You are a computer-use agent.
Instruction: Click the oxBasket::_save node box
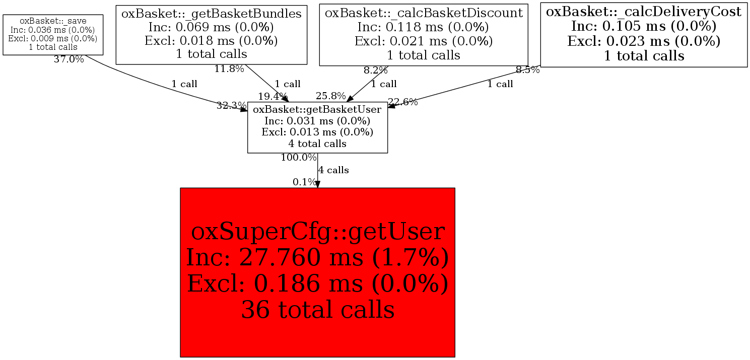pos(53,34)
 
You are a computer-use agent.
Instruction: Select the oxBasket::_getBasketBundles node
pos(212,34)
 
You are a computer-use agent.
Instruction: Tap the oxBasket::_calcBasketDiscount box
pos(424,34)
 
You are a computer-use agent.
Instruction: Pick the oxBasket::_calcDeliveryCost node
pos(644,34)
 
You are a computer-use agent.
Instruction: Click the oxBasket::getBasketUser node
pos(317,126)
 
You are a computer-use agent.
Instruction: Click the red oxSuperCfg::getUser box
pos(317,272)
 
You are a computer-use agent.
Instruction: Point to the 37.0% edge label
pos(69,59)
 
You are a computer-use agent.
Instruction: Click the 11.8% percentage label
pos(229,69)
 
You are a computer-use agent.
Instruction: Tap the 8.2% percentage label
pos(376,70)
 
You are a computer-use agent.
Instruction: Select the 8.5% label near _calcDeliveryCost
pos(527,70)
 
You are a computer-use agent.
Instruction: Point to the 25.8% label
pos(331,96)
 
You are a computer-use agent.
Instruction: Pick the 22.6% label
pos(403,102)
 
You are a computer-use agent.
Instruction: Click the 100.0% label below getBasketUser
pos(299,157)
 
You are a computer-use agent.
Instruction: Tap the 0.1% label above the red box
pos(305,182)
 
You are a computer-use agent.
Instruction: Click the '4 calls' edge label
pos(333,170)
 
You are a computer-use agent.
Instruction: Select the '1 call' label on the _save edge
pos(184,84)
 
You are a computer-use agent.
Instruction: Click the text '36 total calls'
pos(317,309)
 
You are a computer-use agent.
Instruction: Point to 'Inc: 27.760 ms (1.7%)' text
pos(317,258)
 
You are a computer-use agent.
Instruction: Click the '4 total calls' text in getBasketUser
pos(317,143)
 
